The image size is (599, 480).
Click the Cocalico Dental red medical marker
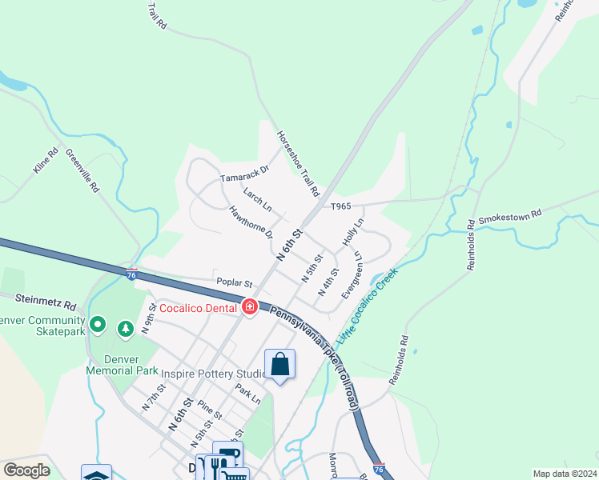coord(249,307)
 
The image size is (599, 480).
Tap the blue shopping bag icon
coord(280,365)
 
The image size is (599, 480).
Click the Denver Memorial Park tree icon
coord(126,329)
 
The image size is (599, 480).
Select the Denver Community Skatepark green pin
coord(98,324)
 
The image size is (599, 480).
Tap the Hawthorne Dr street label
coord(251,223)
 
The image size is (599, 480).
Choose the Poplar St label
coord(234,283)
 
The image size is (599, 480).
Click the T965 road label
coord(341,206)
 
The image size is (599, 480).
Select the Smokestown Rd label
coord(509,216)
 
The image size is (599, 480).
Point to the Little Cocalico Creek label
coord(367,306)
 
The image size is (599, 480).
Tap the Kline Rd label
coord(46,162)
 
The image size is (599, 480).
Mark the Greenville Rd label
coord(82,171)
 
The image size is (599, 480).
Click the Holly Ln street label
coord(353,231)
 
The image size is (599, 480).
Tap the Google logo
coord(26,470)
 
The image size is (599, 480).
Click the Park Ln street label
coord(248,394)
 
